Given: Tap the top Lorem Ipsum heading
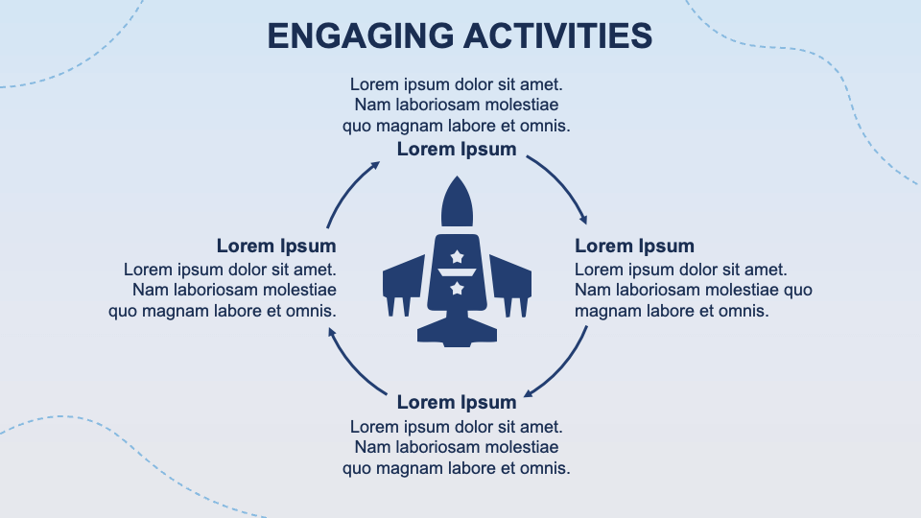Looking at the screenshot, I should (x=457, y=149).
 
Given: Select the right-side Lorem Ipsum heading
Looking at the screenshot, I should (x=634, y=247).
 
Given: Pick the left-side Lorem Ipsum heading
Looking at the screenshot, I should (x=276, y=247).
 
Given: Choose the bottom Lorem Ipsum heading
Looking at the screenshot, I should (x=457, y=402).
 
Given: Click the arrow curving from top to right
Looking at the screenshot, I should (x=564, y=179).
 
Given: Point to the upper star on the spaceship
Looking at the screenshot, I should (x=458, y=256).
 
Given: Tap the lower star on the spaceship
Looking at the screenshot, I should (x=458, y=288).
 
